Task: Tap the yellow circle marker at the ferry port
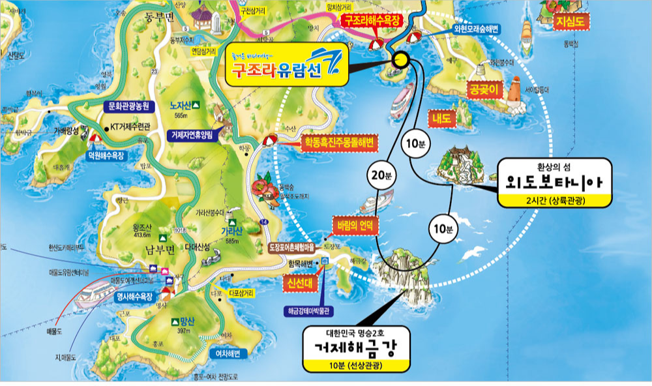pos(401,60)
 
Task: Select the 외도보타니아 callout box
pos(554,183)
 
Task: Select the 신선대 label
pos(295,284)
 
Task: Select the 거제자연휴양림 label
pos(195,135)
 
